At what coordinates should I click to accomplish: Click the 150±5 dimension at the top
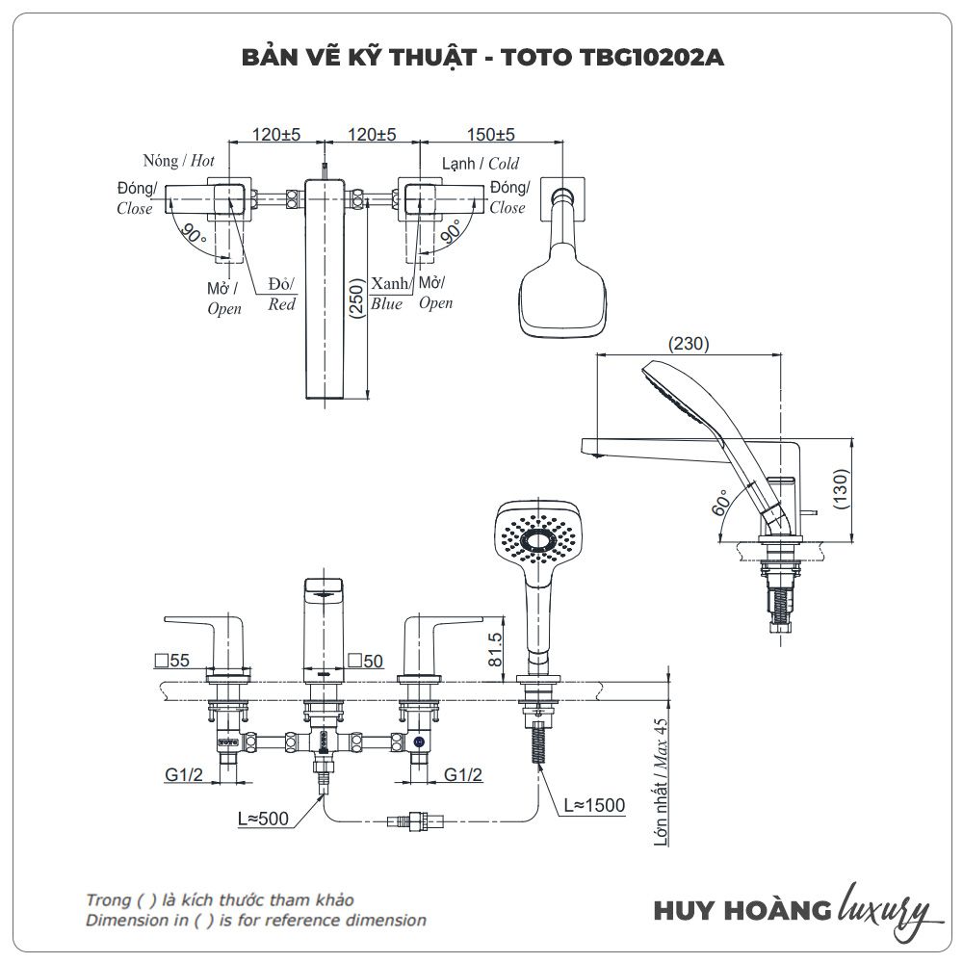(x=490, y=135)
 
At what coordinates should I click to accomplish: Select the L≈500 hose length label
(x=263, y=819)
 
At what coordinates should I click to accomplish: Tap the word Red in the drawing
(x=281, y=304)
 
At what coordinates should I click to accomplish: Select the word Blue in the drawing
(x=386, y=304)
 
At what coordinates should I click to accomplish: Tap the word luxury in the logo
(x=885, y=908)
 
